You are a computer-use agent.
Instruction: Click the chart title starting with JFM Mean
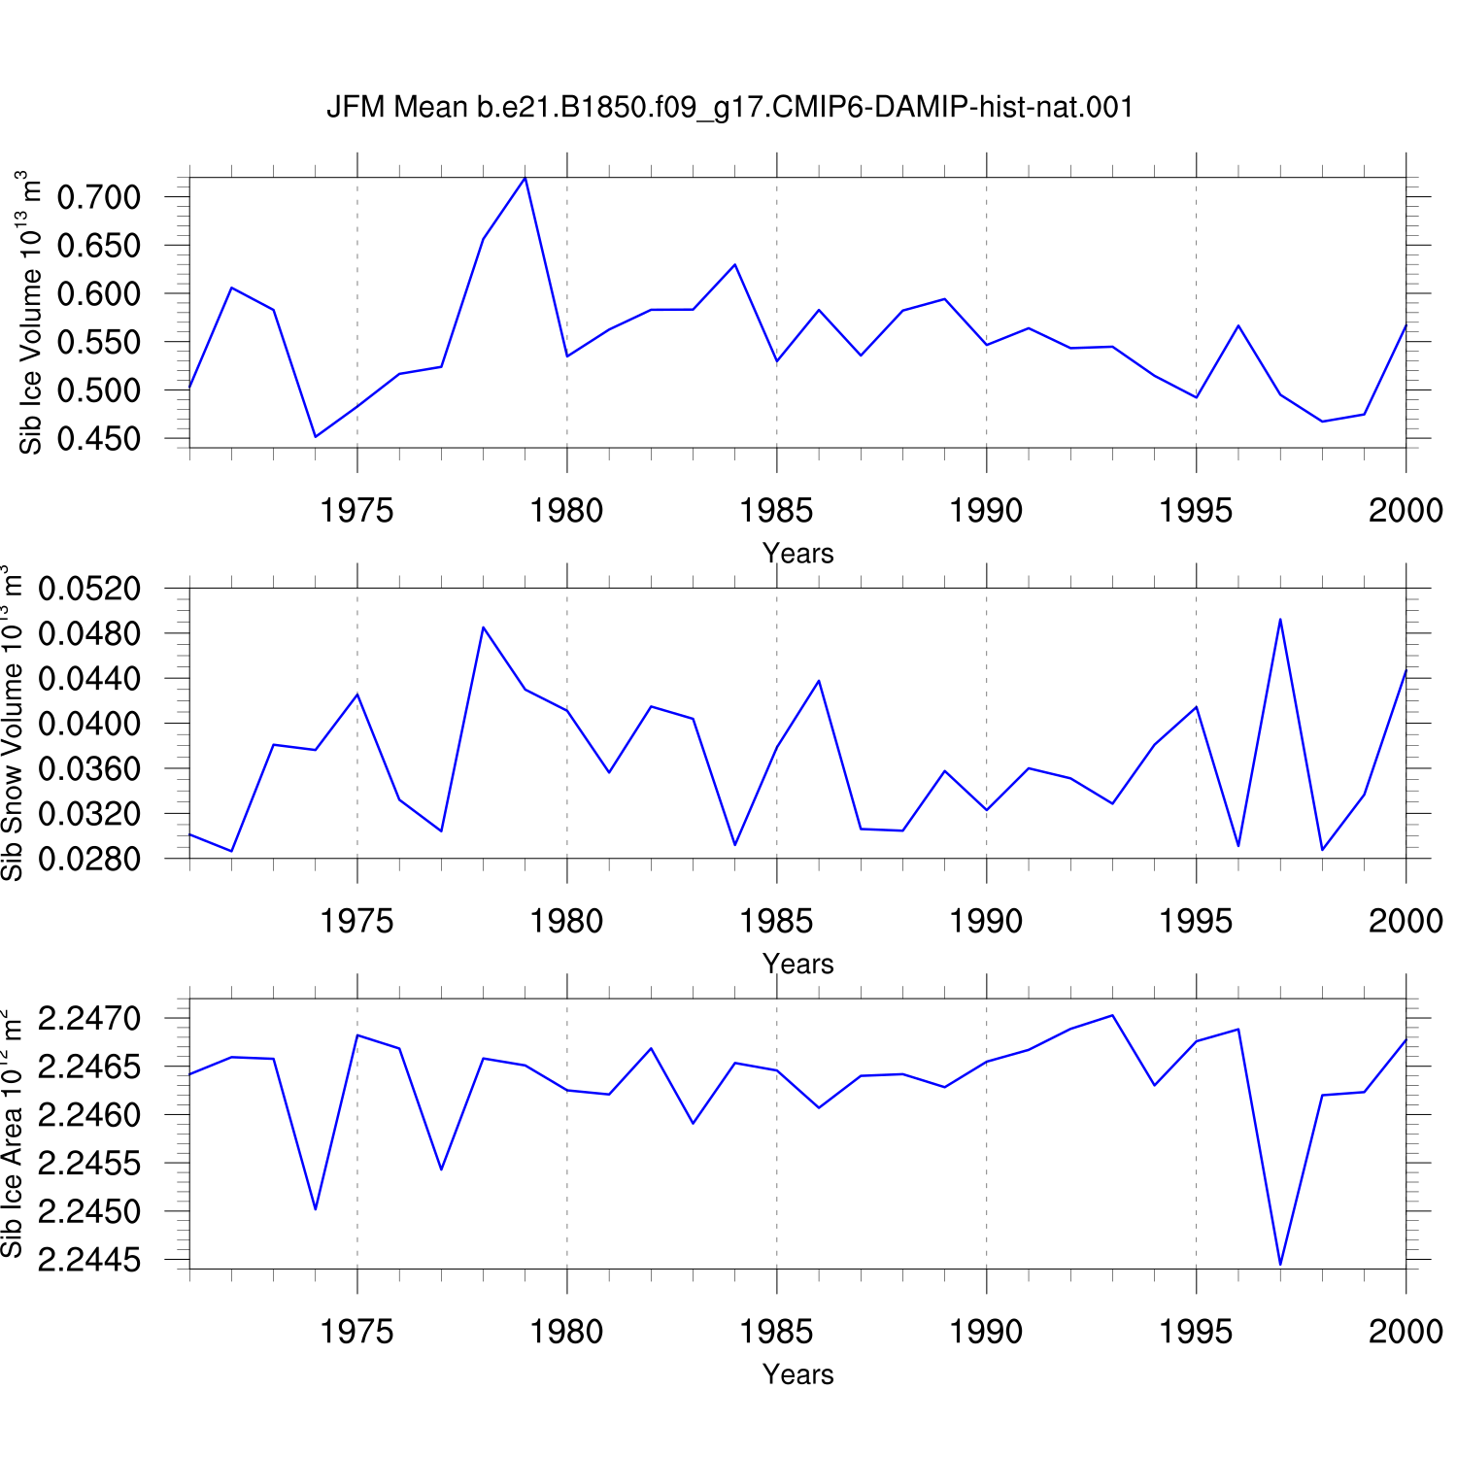730,107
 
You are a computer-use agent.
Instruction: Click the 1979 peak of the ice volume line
525,178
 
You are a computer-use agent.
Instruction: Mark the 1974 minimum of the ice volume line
316,437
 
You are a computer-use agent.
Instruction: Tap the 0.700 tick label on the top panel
99,197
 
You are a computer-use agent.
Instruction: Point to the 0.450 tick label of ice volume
99,439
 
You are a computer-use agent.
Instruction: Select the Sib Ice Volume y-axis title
31,313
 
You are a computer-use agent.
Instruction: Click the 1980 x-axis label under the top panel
567,510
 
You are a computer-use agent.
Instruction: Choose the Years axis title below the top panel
798,554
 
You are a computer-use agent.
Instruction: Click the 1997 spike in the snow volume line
1280,619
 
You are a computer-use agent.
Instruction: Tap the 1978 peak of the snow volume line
484,627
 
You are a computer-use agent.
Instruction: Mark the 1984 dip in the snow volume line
735,845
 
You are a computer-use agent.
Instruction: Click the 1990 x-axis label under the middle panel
987,921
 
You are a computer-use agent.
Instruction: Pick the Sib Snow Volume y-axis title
12,724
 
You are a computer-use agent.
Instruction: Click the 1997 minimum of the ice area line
1280,1265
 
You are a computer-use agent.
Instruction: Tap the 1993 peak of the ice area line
1112,1015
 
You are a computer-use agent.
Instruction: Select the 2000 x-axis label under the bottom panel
1406,1332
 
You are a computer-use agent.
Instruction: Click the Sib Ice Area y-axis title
12,1135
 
